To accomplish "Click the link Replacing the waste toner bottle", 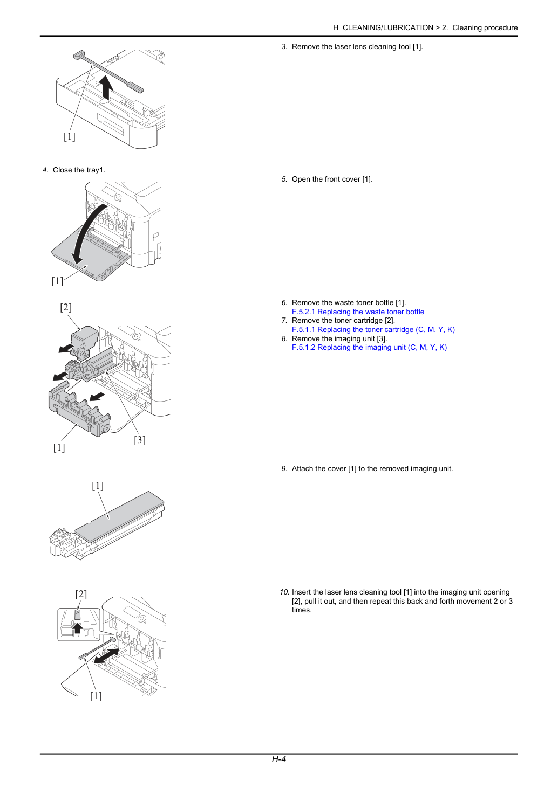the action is tap(371, 312).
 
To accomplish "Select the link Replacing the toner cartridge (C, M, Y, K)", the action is tap(386, 330).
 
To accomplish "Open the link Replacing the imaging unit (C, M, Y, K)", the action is tap(382, 348).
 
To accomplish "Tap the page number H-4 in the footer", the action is tap(278, 759).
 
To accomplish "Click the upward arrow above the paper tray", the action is tap(106, 87).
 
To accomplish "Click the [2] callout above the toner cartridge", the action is tap(66, 307).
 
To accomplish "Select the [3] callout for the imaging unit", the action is tap(140, 440).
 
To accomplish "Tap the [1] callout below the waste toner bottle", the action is tap(59, 447).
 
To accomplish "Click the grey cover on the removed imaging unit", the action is tap(119, 516).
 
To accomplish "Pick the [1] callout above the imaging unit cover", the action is tap(98, 486).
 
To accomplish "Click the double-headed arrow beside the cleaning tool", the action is tap(106, 656).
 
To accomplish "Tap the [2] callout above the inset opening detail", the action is tap(81, 594).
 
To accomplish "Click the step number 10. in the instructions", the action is tap(284, 592).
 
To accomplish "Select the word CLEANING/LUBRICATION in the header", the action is tap(388, 28).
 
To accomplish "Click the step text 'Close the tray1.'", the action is tap(79, 170).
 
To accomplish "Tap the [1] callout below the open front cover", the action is tap(57, 281).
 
